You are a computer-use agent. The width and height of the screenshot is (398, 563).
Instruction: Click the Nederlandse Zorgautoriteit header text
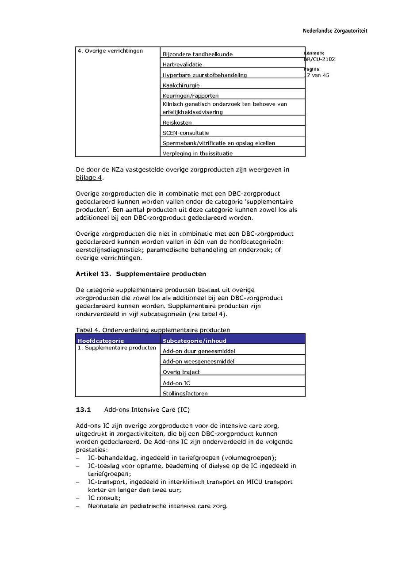pyautogui.click(x=335, y=31)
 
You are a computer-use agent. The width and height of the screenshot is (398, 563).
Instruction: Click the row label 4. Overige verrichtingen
pyautogui.click(x=110, y=51)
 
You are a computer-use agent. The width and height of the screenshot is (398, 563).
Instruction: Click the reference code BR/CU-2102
pyautogui.click(x=319, y=59)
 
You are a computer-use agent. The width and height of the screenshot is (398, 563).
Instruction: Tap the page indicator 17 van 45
pyautogui.click(x=317, y=75)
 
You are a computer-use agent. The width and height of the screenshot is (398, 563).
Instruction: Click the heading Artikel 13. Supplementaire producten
pyautogui.click(x=141, y=274)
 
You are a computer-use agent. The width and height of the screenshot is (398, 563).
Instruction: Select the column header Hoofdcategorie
pyautogui.click(x=101, y=341)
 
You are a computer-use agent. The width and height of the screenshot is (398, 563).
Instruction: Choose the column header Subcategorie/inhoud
pyautogui.click(x=194, y=341)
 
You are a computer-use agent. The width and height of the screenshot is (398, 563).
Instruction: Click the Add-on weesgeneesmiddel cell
pyautogui.click(x=199, y=361)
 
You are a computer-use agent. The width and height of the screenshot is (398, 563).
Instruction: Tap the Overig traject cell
pyautogui.click(x=181, y=372)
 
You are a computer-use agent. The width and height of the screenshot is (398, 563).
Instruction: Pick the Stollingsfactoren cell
pyautogui.click(x=185, y=393)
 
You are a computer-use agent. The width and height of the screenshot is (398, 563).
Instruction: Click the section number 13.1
pyautogui.click(x=83, y=410)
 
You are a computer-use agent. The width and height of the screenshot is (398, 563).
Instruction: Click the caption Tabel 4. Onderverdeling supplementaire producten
pyautogui.click(x=153, y=330)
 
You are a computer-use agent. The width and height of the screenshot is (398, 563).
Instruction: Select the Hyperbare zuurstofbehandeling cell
pyautogui.click(x=204, y=75)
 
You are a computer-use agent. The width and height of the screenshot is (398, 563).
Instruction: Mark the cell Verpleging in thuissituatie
pyautogui.click(x=197, y=153)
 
